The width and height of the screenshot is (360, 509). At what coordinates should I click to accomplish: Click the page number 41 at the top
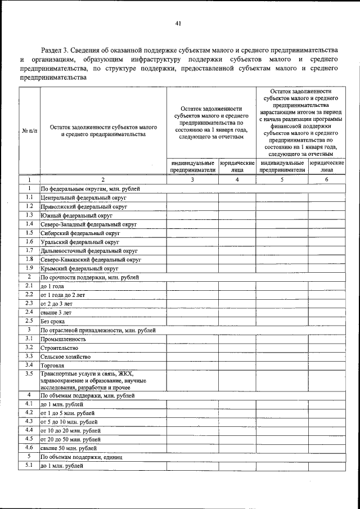[x=179, y=23]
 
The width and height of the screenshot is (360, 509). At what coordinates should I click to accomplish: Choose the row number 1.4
[x=29, y=224]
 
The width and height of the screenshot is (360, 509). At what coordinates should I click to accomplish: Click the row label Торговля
[x=52, y=366]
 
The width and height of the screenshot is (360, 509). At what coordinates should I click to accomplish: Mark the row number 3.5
[x=29, y=373]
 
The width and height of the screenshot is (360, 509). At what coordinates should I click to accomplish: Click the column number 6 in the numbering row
[x=327, y=179]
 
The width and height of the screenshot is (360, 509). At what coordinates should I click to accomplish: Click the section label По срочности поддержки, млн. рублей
[x=87, y=278]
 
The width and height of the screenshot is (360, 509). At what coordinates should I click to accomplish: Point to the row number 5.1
[x=29, y=466]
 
